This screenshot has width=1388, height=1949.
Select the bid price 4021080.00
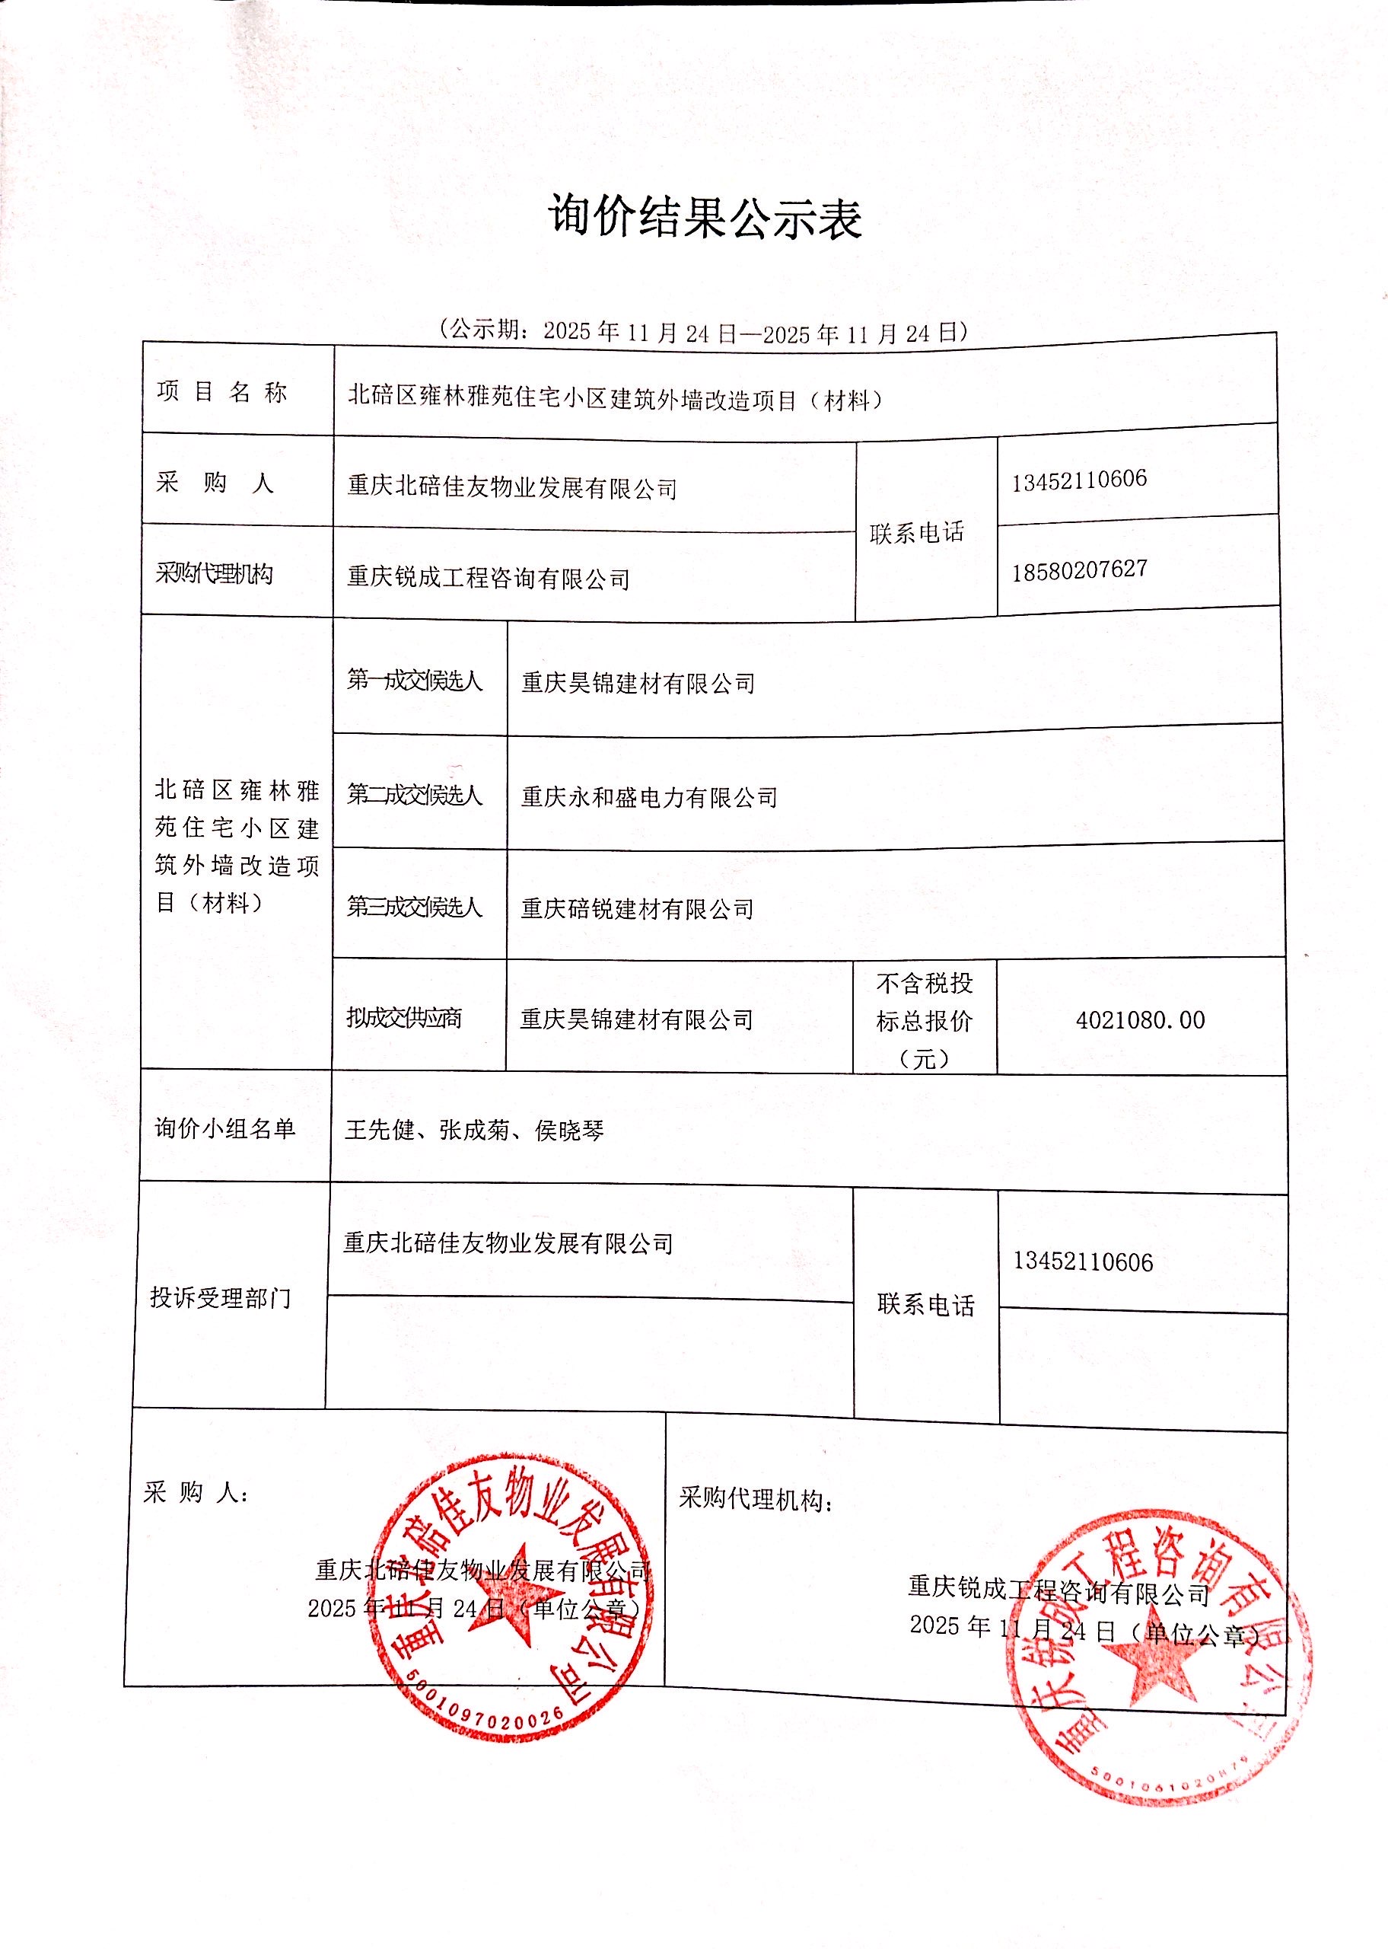1140,1020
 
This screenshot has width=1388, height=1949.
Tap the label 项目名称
222,391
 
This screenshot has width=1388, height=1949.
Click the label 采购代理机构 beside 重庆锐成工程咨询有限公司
215,573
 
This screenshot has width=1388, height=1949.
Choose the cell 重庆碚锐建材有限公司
638,909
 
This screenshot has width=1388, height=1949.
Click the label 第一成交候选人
415,681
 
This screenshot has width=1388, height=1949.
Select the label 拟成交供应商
404,1018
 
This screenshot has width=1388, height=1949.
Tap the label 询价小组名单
224,1128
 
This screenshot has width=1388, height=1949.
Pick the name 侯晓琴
569,1131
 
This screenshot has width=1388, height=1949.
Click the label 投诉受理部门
221,1297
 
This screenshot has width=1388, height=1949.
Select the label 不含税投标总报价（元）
925,1020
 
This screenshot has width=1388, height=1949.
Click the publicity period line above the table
704,332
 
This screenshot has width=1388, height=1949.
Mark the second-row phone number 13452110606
1078,480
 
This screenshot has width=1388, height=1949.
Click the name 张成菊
474,1130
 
